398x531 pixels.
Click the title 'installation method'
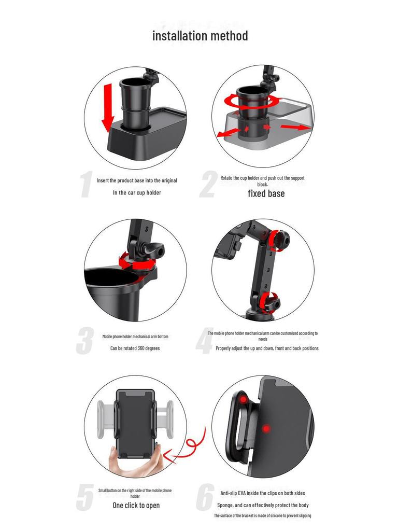[200, 36]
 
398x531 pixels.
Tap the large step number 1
[87, 184]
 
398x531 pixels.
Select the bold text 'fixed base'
[266, 193]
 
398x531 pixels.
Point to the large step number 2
[208, 184]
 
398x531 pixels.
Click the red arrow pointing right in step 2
[295, 128]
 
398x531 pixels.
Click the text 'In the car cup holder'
[137, 193]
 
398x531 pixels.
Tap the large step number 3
[84, 341]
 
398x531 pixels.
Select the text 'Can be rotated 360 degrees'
[135, 348]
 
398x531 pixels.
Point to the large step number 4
[205, 341]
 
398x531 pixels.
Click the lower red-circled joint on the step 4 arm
[269, 302]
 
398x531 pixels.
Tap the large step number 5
[84, 497]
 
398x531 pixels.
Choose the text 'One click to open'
[136, 505]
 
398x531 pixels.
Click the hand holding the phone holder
[135, 461]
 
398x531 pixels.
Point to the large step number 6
[205, 497]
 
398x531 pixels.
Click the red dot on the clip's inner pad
[243, 400]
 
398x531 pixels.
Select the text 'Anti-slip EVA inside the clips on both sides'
[263, 493]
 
